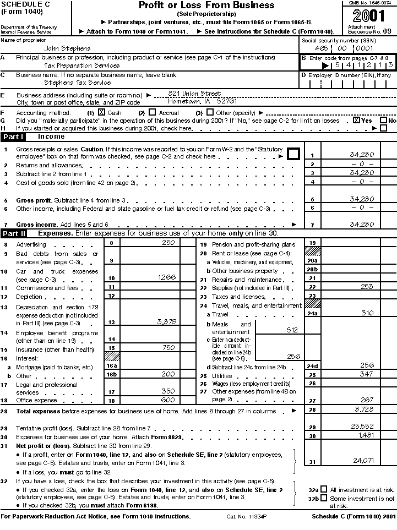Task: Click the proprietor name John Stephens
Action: [x=67, y=48]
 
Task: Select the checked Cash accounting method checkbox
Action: [x=101, y=112]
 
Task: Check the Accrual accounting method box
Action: [x=153, y=112]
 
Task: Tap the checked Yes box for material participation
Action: [x=356, y=120]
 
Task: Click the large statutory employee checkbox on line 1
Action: [x=293, y=154]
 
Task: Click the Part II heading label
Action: [x=14, y=234]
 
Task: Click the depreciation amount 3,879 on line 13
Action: [x=166, y=321]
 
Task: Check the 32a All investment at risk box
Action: [x=323, y=489]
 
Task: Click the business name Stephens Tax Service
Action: [x=77, y=83]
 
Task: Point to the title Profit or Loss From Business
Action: [x=206, y=6]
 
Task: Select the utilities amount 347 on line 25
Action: [x=365, y=374]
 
